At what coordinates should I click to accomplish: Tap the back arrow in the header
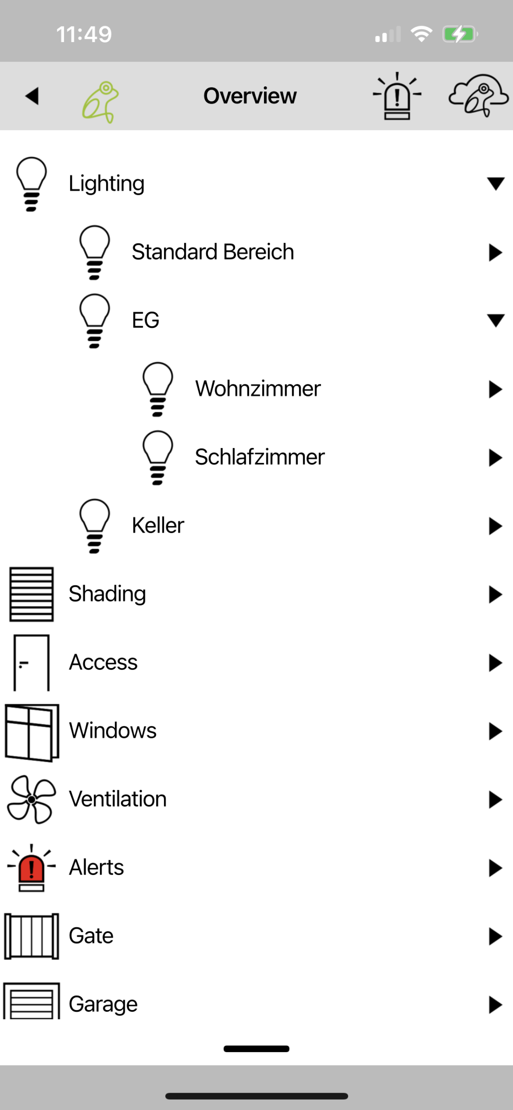point(32,96)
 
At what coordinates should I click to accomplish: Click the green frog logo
point(100,102)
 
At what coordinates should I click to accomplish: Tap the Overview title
point(250,96)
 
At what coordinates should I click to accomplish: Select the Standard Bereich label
point(213,251)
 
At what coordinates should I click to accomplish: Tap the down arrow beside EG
point(496,320)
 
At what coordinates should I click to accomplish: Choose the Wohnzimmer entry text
point(258,389)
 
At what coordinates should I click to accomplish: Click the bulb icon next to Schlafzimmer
point(158,458)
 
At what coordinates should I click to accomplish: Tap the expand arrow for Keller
point(496,526)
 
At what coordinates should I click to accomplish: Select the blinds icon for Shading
point(31,594)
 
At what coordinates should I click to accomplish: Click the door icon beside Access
point(31,663)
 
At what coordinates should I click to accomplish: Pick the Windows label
point(113,731)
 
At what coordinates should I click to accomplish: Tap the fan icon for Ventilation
point(31,800)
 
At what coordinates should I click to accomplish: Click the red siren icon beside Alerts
point(31,868)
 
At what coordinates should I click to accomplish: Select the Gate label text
point(91,936)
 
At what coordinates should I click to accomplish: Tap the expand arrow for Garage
point(496,1005)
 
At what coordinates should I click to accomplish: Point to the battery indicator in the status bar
point(460,34)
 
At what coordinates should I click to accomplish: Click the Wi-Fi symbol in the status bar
point(422,34)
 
